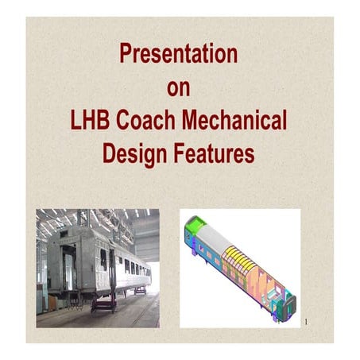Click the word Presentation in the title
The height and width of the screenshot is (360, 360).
click(x=178, y=55)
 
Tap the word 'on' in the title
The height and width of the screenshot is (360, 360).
click(x=179, y=88)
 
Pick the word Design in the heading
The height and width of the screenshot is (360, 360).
click(x=132, y=153)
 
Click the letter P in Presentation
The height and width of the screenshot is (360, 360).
click(x=124, y=55)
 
